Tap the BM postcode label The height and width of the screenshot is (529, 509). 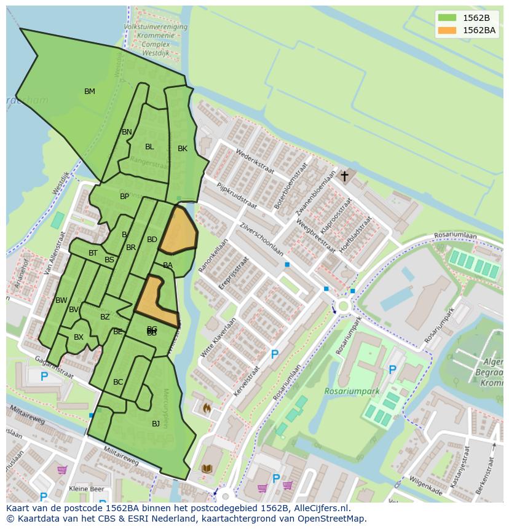pos(90,92)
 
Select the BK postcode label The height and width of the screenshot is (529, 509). pos(183,149)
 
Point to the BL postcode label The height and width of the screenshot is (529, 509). pos(149,147)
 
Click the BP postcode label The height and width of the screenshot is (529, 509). pos(125,197)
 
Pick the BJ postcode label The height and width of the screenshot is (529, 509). pos(156,424)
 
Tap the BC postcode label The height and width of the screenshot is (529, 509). pos(118,382)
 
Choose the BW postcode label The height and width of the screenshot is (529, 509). pos(61,300)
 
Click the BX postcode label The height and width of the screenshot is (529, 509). pos(79,337)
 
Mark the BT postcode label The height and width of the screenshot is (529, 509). pos(93,253)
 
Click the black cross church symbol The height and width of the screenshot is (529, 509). pos(345,176)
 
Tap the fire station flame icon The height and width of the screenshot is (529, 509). pos(207,408)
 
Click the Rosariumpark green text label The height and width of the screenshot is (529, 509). pos(352,391)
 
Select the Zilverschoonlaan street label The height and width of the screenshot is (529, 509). pos(262,239)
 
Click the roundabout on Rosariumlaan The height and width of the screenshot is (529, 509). pos(342,306)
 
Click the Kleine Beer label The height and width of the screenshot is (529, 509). pos(86,489)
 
